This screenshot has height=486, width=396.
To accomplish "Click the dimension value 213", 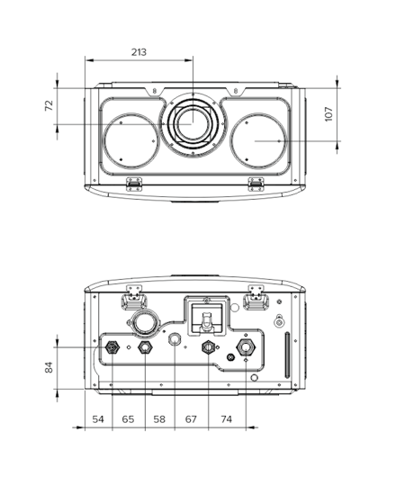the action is coord(139,52).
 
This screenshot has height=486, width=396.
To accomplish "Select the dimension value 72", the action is coord(49,105).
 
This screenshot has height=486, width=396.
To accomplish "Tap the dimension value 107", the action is coord(328,114).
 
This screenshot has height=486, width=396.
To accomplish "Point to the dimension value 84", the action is coord(49,367).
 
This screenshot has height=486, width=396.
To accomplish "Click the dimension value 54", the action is coord(98,419).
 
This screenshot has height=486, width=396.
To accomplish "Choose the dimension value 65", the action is coord(128,419).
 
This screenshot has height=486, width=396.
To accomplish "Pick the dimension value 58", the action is coord(159,419).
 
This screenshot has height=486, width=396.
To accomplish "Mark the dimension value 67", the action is coord(191,419).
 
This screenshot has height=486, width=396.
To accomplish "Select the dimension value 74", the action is coord(226,419).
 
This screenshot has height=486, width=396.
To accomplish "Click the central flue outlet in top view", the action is coord(193,124).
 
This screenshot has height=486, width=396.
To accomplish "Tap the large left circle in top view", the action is coord(130,141).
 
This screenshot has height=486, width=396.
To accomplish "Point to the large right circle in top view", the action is coord(257,141).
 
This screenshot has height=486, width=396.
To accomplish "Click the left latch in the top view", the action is coord(134,184).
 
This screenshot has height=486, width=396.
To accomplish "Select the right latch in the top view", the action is coord(256,184).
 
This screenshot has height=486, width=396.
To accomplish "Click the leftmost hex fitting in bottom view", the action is coord(112,347).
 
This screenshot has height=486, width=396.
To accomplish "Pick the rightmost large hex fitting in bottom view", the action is coord(246,347).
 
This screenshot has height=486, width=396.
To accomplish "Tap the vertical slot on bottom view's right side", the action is coord(287,355).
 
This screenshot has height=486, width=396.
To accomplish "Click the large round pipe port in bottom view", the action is coord(145,323).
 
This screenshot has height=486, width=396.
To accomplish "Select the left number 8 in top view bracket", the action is coord(154,91).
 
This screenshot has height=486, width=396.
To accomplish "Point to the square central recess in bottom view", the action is coord(206,316).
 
